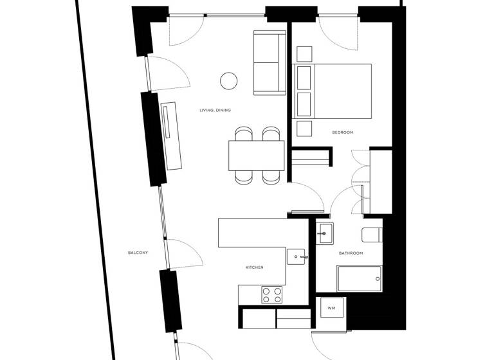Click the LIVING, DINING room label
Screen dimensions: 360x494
coord(215,111)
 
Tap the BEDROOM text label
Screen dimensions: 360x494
coord(342,132)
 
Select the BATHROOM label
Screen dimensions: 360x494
coord(351,253)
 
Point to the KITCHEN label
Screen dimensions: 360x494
coord(254,267)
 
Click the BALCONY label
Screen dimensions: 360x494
coord(138,253)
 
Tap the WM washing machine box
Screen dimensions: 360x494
coord(332,309)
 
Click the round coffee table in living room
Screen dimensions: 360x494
coord(228,80)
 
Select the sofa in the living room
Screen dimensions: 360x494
coord(270,62)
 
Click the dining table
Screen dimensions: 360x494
coord(256,156)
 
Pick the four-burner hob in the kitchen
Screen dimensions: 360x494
coord(272,295)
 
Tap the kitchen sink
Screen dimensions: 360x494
coord(297,256)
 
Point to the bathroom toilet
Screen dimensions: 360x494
coord(372,233)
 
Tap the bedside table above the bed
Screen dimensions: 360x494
coord(304,53)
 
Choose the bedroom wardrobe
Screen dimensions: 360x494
coord(380,181)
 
